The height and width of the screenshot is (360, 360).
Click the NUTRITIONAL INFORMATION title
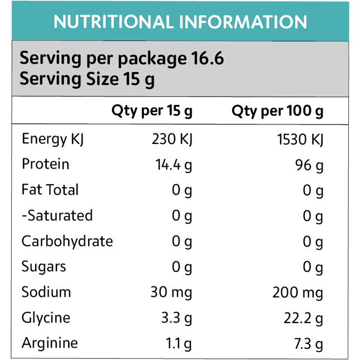180,22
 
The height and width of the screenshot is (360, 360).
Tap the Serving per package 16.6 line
122,58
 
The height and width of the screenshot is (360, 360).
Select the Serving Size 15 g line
87,78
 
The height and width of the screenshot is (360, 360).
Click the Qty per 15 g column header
152,111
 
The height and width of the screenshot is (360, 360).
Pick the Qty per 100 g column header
277,111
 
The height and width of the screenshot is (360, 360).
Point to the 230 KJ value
172,139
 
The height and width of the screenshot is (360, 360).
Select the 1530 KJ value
300,139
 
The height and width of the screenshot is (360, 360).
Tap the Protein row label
46,164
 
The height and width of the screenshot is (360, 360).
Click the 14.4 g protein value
174,165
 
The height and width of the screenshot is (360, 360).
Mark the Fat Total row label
50,190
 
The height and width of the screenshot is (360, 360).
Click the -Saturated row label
57,215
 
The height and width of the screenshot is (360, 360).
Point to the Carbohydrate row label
67,241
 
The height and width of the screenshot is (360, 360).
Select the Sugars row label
44,267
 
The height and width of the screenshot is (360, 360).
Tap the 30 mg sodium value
171,292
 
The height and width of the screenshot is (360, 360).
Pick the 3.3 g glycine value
176,318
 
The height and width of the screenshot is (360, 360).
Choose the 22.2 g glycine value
303,318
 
